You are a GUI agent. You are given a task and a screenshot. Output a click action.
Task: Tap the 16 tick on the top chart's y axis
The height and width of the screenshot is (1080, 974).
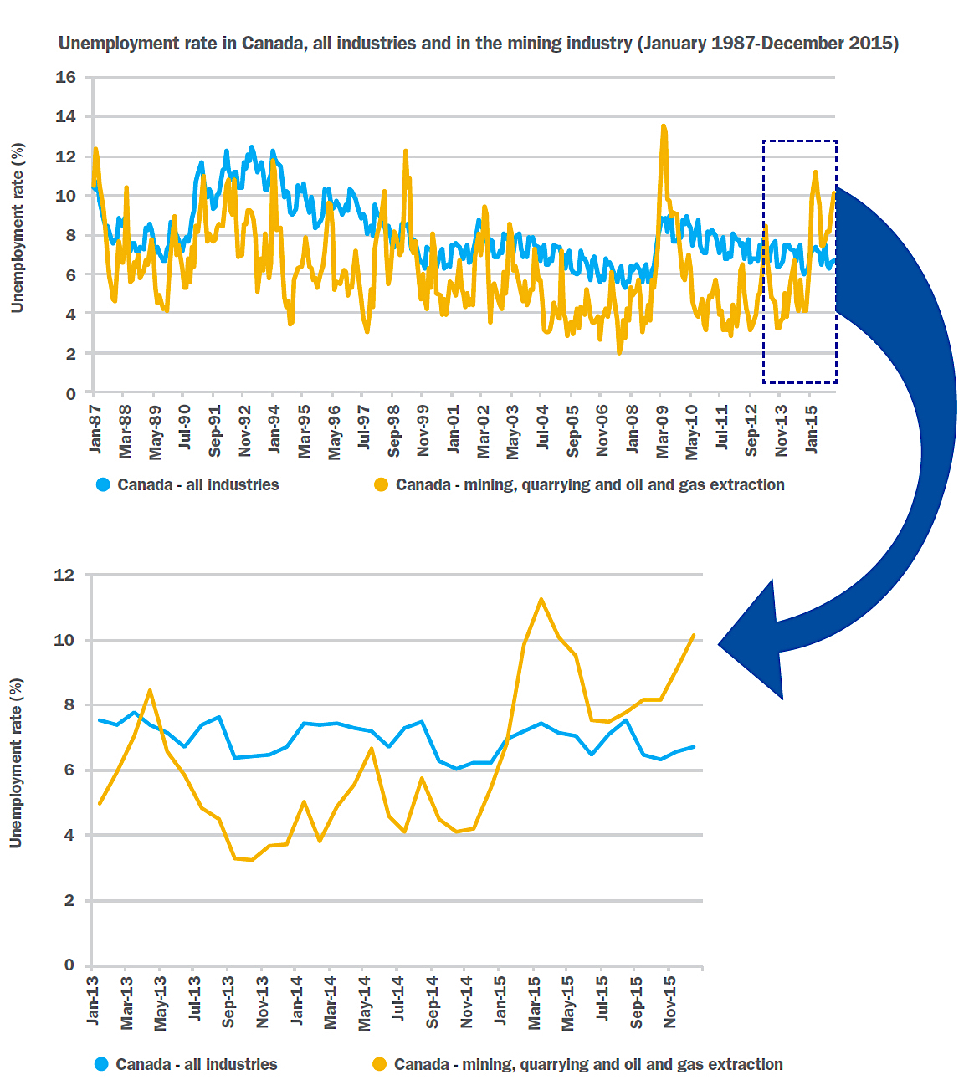(65, 78)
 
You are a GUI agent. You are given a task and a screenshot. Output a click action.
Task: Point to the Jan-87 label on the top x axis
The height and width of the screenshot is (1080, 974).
(95, 429)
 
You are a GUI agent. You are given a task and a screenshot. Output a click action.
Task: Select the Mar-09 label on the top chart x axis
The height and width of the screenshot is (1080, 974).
(662, 432)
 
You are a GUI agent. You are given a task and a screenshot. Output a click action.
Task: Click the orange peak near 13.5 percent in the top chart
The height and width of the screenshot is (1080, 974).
(664, 126)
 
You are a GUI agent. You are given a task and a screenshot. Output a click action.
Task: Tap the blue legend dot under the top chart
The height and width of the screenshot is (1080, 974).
(103, 485)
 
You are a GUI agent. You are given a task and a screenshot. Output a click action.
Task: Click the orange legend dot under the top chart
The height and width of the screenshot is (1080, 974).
(381, 485)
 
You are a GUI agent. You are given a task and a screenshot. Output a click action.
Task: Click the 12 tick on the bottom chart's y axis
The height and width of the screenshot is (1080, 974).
(64, 576)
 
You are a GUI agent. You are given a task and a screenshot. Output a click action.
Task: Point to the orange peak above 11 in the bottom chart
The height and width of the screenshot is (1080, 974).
(541, 599)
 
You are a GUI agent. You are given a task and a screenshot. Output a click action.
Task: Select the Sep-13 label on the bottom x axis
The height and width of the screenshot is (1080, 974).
(228, 1001)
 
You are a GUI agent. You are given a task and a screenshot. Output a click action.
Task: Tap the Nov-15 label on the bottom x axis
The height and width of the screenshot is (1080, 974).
(670, 1001)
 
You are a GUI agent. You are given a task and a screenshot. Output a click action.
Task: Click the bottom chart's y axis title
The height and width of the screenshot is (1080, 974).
(16, 763)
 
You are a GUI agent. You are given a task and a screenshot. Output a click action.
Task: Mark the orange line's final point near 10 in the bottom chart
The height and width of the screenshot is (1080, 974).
(694, 636)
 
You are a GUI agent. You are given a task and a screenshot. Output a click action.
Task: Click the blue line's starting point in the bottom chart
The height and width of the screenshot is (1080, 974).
(100, 719)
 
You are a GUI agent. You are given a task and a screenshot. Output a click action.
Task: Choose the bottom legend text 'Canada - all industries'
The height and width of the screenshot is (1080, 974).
(197, 1064)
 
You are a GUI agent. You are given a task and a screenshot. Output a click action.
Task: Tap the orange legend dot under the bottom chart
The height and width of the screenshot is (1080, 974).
(379, 1064)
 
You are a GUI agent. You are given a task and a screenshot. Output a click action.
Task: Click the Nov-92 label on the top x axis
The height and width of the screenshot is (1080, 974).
(244, 432)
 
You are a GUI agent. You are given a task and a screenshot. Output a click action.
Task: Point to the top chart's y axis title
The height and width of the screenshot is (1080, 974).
(17, 228)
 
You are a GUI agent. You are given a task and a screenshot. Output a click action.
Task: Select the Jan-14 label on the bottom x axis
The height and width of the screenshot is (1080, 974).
(297, 1001)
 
